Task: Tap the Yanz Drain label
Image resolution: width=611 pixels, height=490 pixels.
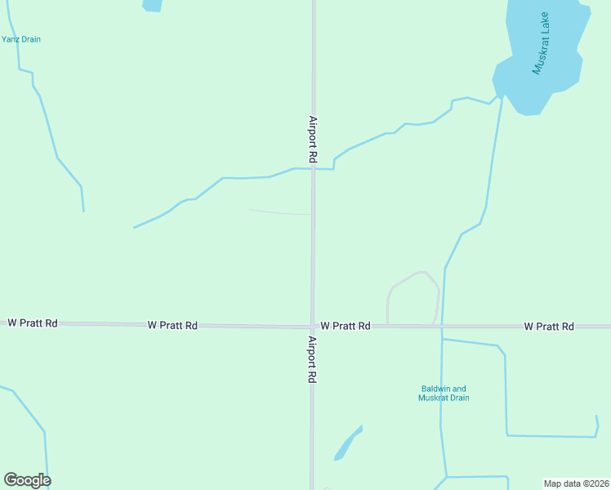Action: coord(21,39)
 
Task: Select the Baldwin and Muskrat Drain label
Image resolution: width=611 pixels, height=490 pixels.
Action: coord(444,393)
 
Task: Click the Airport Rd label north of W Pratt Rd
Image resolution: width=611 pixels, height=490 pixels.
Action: coord(312,136)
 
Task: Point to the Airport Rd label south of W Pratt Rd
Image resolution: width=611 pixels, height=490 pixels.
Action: coord(312,359)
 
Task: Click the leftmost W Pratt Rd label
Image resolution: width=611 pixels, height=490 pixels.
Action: coord(33,323)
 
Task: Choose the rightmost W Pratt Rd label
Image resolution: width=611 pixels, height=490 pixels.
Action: coord(549,326)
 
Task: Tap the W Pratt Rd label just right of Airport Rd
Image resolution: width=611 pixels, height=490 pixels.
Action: coord(346,326)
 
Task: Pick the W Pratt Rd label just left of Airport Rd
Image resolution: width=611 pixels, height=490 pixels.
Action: coord(172,325)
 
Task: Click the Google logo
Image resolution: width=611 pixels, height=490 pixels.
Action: coord(27,480)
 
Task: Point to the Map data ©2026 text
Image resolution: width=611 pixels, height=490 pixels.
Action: coord(575,483)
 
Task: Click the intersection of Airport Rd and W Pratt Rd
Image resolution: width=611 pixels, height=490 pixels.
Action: coord(312,327)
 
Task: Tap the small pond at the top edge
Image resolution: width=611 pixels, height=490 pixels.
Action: coord(153,5)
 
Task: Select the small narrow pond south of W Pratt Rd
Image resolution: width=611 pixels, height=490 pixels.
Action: coord(347,443)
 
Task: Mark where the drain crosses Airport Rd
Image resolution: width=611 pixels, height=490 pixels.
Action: coord(313,169)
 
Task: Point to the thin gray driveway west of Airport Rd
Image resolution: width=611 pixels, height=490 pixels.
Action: coord(280,212)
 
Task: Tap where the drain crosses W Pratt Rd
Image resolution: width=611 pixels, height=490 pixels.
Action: coord(442,327)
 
